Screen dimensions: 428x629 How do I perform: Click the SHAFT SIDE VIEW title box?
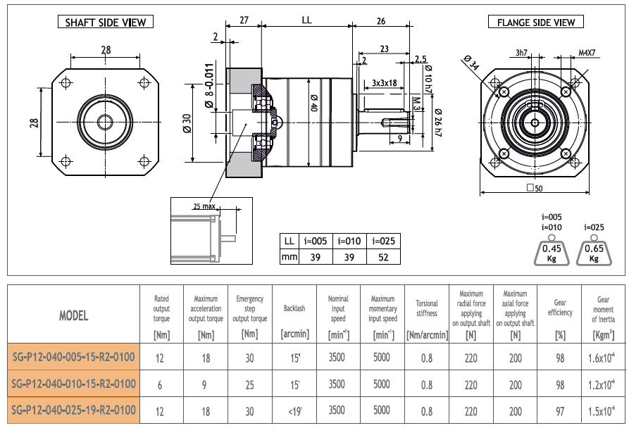106,22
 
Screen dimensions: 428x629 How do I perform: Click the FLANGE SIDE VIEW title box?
535,22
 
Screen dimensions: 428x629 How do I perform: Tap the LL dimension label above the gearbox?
306,21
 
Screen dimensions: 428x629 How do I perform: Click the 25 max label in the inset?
204,206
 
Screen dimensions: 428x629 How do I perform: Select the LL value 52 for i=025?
383,258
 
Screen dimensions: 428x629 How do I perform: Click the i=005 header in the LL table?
316,241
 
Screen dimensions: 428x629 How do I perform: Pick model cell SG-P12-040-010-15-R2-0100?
74,384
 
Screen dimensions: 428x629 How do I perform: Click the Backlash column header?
294,308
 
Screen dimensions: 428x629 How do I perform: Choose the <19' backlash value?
294,410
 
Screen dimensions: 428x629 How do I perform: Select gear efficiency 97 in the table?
560,410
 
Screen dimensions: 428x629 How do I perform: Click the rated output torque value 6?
161,384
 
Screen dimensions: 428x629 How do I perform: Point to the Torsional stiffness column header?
427,308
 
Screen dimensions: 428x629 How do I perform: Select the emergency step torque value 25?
249,384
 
